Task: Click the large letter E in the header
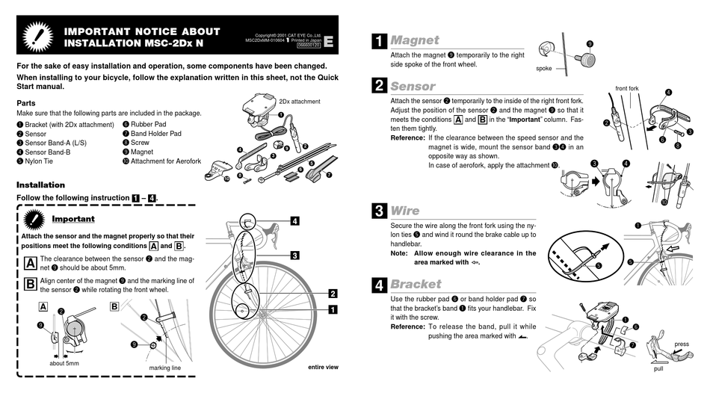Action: tap(329, 43)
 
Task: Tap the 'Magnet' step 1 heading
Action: tap(415, 40)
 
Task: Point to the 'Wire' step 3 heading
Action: tap(405, 211)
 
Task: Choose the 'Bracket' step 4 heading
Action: tap(416, 284)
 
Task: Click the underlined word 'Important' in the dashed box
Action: tap(73, 219)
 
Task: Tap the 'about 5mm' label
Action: tap(65, 363)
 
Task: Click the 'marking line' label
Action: tap(165, 368)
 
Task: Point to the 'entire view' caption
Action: tap(323, 367)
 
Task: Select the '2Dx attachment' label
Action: tap(299, 102)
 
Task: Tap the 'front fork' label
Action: tap(627, 88)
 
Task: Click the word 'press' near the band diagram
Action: tap(682, 344)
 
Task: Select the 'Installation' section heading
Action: tap(40, 185)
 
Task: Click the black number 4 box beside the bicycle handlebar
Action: tap(295, 221)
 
